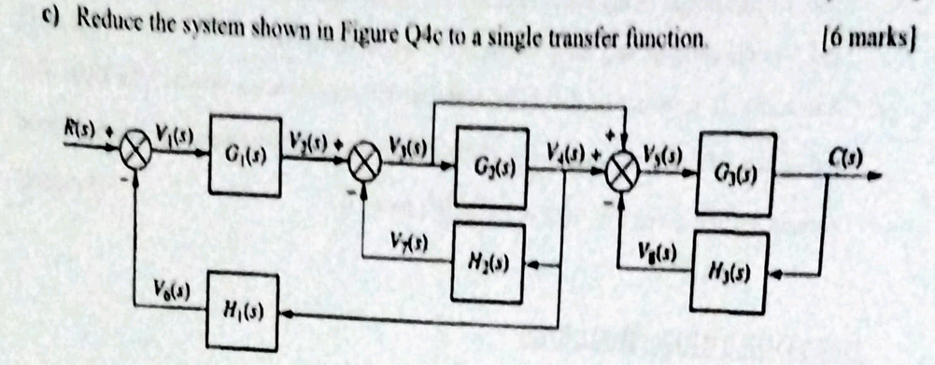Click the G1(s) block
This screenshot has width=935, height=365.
coord(244,155)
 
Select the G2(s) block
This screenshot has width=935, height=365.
coord(491,168)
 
